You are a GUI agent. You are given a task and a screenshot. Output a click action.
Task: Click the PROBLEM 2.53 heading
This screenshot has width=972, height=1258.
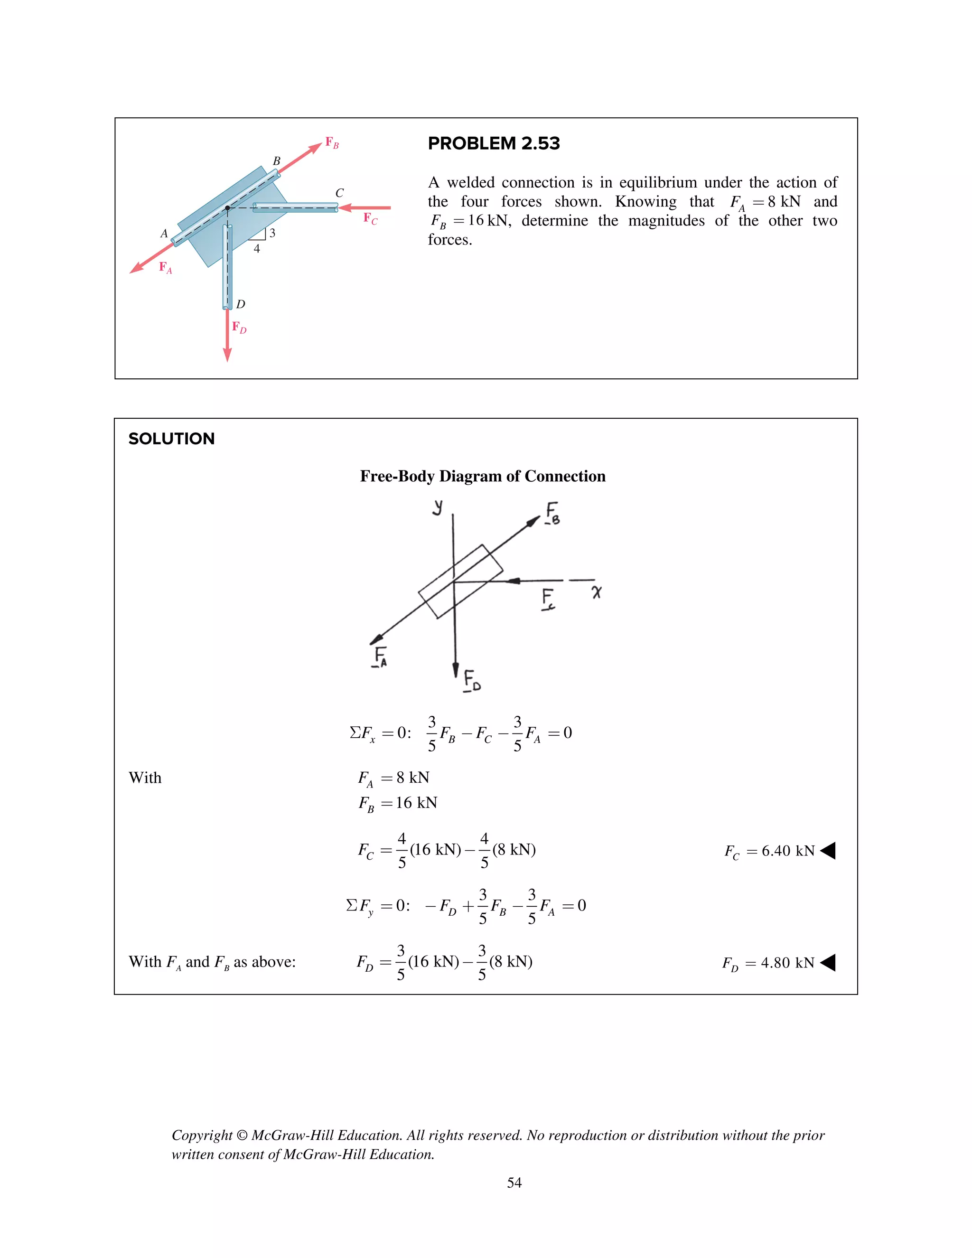point(494,143)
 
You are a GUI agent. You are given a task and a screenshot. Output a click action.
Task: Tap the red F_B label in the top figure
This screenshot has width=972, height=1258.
point(332,142)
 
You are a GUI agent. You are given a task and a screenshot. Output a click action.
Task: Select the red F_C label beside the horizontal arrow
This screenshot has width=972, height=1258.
point(370,218)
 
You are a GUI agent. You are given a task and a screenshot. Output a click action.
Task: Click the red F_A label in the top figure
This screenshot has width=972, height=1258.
point(165,268)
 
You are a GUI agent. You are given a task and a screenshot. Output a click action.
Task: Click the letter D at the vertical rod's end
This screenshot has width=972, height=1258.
point(241,304)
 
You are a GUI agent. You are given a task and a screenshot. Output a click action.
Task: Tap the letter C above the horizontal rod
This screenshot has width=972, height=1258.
point(339,193)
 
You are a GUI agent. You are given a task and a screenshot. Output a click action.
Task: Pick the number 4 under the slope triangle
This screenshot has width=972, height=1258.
point(257,249)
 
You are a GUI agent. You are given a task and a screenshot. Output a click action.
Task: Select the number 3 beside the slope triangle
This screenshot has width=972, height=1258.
point(272,233)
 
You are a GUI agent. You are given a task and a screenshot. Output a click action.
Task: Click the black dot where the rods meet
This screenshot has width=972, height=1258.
point(227,208)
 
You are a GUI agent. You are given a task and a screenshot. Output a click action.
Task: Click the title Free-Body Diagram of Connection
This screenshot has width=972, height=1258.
point(483,476)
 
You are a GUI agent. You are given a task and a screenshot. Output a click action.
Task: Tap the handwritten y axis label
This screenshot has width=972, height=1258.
point(438,507)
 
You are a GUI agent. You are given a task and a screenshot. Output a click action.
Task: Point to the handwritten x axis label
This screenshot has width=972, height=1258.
point(597,591)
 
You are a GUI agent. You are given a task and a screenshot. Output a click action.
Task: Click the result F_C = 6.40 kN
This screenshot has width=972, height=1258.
point(769,851)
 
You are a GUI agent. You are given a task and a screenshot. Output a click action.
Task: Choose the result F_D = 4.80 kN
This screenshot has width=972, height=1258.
point(768,963)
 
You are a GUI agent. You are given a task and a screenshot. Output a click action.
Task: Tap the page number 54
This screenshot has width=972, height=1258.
point(514,1183)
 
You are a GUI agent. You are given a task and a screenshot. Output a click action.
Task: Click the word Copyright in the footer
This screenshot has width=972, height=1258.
point(202,1136)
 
